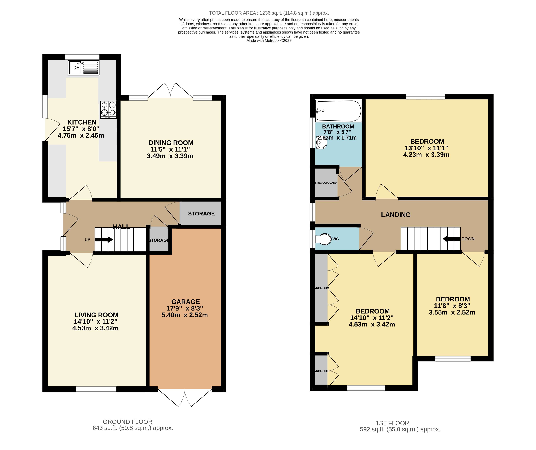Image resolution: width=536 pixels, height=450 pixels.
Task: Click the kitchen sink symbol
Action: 83,68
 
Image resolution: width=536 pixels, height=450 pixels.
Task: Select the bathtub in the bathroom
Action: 338,111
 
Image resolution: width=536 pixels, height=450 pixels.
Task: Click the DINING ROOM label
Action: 171,143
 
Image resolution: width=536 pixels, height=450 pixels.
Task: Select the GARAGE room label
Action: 186,302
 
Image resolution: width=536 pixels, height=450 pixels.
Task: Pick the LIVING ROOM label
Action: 96,315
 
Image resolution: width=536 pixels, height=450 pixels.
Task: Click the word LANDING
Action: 396,215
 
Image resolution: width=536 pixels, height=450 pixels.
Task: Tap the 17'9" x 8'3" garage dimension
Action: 185,308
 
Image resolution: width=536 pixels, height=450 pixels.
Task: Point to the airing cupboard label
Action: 326,183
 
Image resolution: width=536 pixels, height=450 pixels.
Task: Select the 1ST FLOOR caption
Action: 392,423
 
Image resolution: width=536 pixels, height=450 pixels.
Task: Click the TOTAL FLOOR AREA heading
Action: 269,13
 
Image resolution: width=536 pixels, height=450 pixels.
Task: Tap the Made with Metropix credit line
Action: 269,41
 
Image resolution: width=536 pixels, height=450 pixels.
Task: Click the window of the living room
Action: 96,389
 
